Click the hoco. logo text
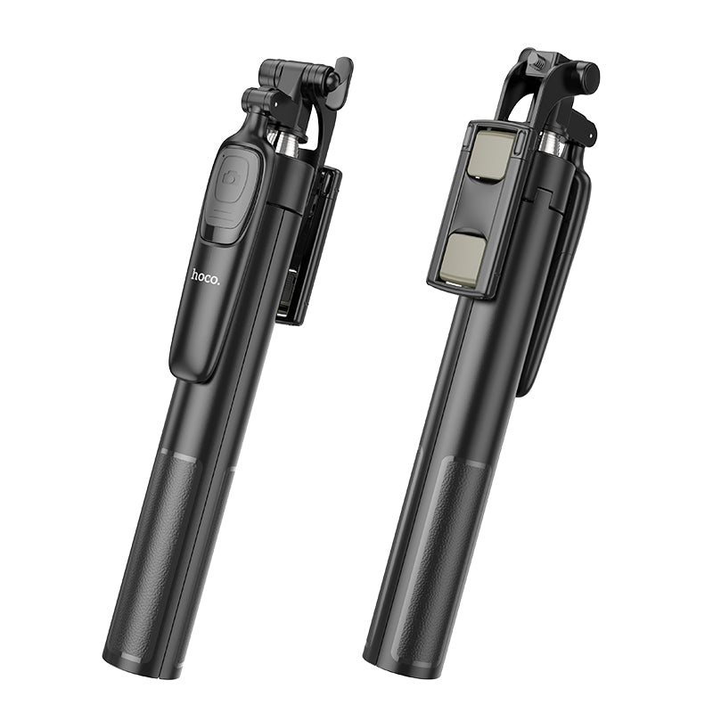tap(205, 275)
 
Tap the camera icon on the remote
tap(234, 178)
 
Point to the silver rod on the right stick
tap(549, 146)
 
